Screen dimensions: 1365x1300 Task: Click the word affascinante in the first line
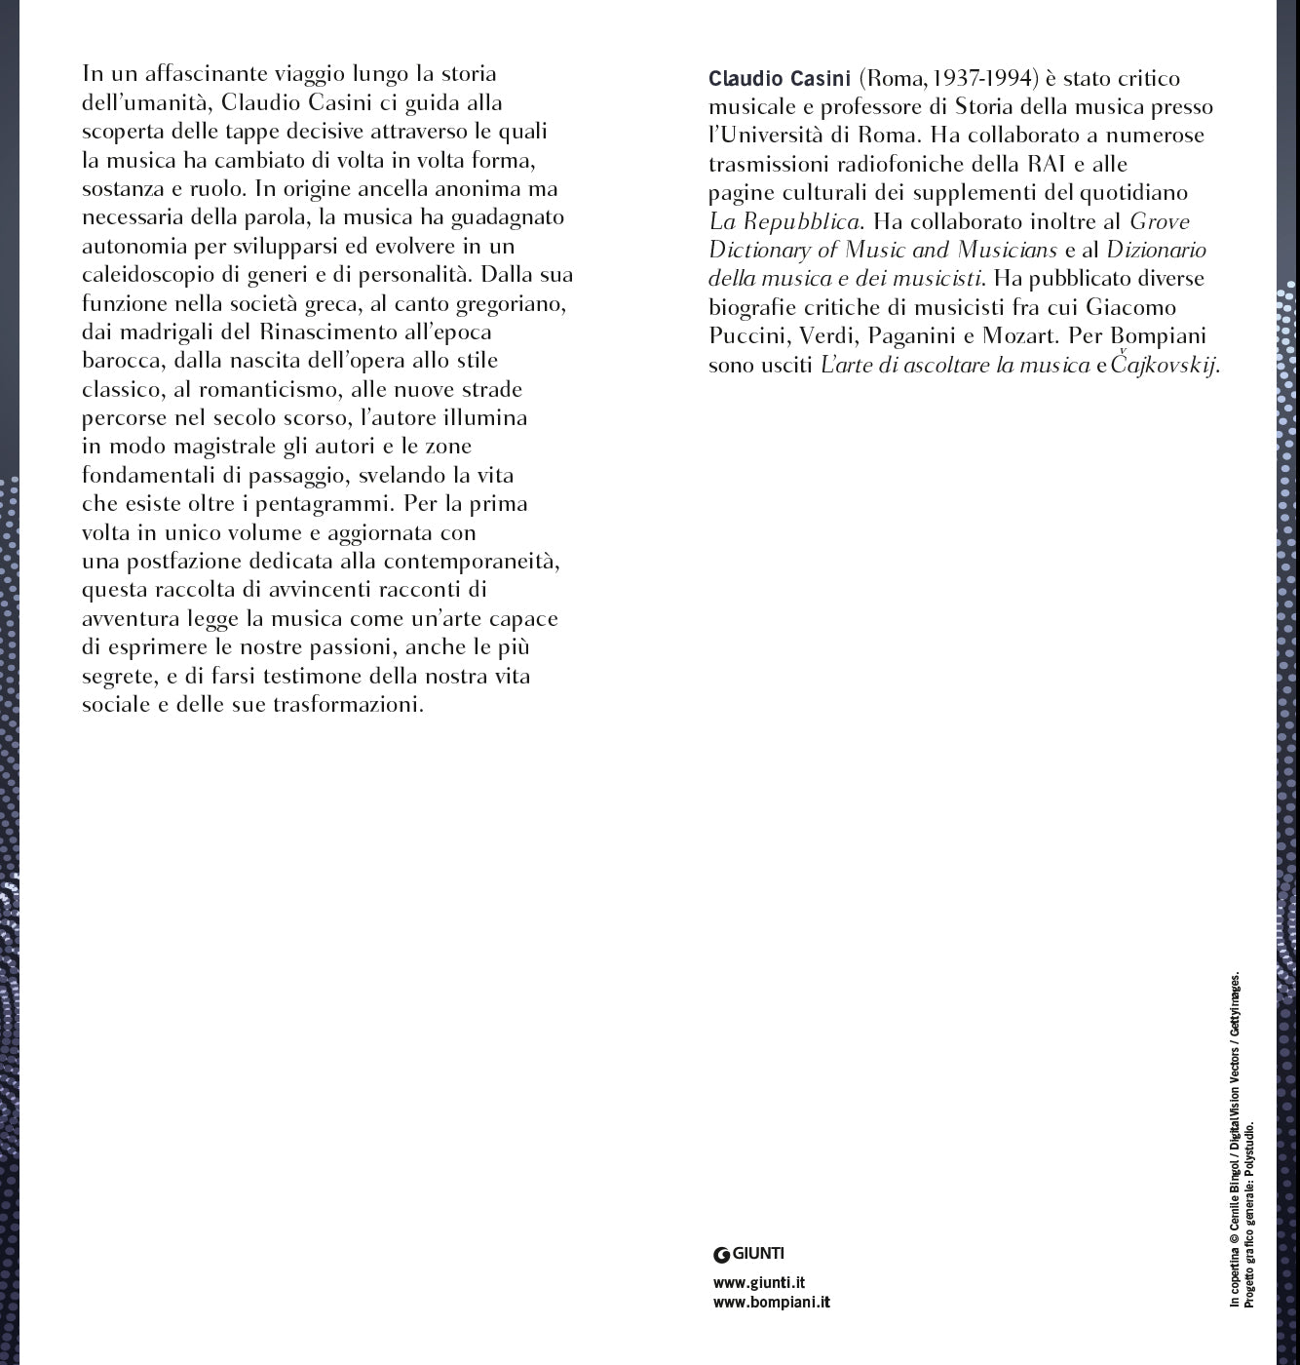click(185, 74)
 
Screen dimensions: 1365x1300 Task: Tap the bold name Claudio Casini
click(780, 79)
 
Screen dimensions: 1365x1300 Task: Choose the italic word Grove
click(1160, 221)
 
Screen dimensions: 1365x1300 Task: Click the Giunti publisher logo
click(748, 1255)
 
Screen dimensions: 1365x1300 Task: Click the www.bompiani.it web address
click(772, 1302)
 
